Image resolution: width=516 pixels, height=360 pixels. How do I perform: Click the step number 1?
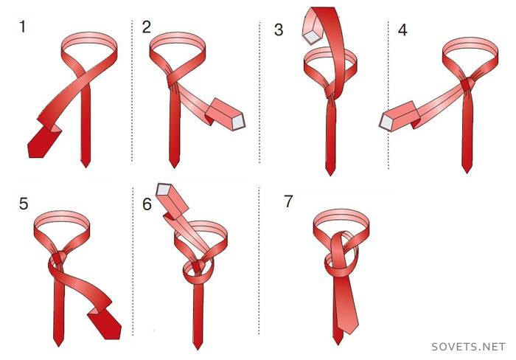pyautogui.click(x=22, y=27)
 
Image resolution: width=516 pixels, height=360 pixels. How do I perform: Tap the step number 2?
pyautogui.click(x=147, y=27)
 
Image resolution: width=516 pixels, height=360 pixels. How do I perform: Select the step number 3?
pyautogui.click(x=279, y=30)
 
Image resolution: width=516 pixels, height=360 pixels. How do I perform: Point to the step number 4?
pyautogui.click(x=402, y=30)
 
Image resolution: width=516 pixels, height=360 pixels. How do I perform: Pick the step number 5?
pyautogui.click(x=24, y=204)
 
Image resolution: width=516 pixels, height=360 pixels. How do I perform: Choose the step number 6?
pyautogui.click(x=147, y=204)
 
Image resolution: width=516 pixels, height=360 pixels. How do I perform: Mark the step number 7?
pyautogui.click(x=289, y=201)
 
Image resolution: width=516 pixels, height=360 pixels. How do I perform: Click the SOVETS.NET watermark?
pyautogui.click(x=468, y=347)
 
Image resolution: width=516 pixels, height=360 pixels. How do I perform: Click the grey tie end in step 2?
pyautogui.click(x=239, y=122)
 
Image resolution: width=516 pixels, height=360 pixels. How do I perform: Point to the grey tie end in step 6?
pyautogui.click(x=164, y=189)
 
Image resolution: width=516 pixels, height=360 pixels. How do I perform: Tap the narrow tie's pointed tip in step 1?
pyautogui.click(x=86, y=166)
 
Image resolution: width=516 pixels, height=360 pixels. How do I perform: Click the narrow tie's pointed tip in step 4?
pyautogui.click(x=467, y=171)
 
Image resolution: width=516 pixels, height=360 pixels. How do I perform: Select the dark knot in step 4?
pyautogui.click(x=466, y=85)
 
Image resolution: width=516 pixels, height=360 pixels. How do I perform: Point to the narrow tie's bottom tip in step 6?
pyautogui.click(x=198, y=348)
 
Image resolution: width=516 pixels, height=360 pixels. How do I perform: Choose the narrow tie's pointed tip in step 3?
pyautogui.click(x=330, y=174)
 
